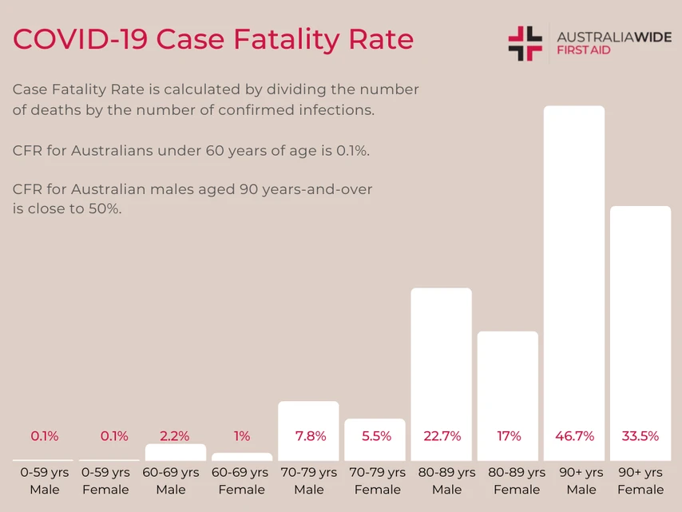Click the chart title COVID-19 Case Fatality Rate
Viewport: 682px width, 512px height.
(x=213, y=39)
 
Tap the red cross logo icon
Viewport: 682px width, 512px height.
(x=525, y=43)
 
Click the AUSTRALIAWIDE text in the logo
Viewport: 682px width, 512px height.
(x=613, y=37)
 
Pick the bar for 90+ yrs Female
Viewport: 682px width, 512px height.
(x=640, y=320)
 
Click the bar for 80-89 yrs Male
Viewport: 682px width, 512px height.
(x=441, y=359)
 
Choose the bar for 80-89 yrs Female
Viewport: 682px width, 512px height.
(x=507, y=383)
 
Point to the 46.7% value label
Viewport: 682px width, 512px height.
(x=574, y=436)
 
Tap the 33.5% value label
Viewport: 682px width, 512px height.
(x=640, y=436)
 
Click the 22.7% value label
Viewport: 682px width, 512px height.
(x=441, y=436)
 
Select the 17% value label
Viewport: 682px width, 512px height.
(x=508, y=436)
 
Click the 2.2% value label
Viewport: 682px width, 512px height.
(x=175, y=436)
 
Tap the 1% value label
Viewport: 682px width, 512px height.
(x=242, y=436)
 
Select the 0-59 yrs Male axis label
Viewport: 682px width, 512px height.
(x=45, y=481)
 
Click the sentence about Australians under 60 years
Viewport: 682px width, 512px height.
(x=191, y=150)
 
